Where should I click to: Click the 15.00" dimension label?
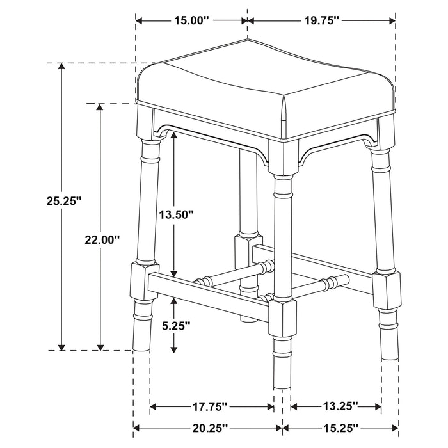[x=191, y=21]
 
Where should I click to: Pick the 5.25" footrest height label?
[x=175, y=325]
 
